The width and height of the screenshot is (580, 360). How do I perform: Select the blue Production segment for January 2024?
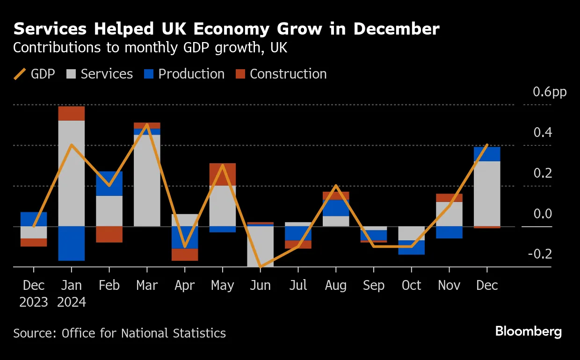pyautogui.click(x=71, y=243)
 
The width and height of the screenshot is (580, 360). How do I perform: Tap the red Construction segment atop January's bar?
pyautogui.click(x=71, y=114)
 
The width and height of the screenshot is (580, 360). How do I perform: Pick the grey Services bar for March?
pyautogui.click(x=147, y=180)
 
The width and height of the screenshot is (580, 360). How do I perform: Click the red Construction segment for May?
pyautogui.click(x=222, y=174)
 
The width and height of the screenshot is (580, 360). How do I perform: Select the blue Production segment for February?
pyautogui.click(x=109, y=183)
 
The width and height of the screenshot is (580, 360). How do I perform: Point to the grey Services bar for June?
pyautogui.click(x=260, y=246)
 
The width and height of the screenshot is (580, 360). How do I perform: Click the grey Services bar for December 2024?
pyautogui.click(x=487, y=194)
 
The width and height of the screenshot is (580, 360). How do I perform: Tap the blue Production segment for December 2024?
pyautogui.click(x=487, y=154)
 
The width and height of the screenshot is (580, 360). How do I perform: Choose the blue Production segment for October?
pyautogui.click(x=411, y=247)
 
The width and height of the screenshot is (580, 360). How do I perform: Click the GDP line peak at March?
pyautogui.click(x=147, y=125)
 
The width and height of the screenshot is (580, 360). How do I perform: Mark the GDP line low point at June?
pyautogui.click(x=260, y=266)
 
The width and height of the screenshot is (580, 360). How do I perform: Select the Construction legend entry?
pyautogui.click(x=281, y=74)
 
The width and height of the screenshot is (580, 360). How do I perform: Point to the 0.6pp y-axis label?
pyautogui.click(x=550, y=92)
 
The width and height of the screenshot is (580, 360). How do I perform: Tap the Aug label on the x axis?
pyautogui.click(x=335, y=285)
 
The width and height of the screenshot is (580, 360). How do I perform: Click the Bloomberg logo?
pyautogui.click(x=528, y=332)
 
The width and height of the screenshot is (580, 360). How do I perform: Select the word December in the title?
pyautogui.click(x=396, y=29)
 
